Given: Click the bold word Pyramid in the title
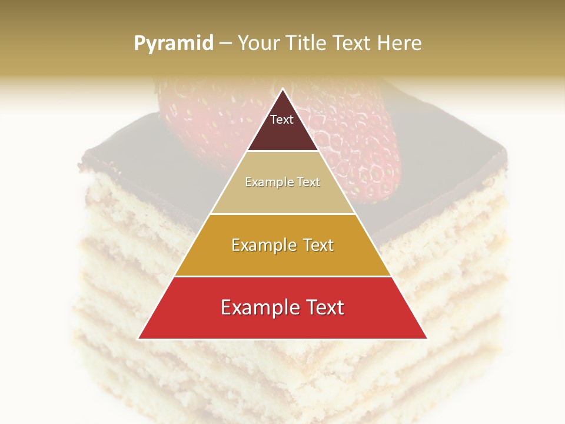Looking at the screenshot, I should pos(174,43).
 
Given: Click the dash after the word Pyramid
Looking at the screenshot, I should pos(225,43).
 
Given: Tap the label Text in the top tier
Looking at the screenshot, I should pos(282,120).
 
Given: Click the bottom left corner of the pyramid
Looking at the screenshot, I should pos(139,339).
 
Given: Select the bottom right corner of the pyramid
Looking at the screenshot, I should pos(427,339).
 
